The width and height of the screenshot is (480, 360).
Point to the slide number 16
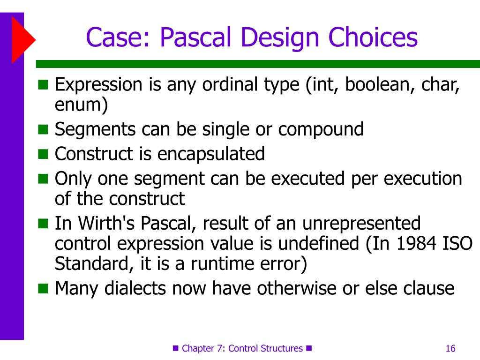450,348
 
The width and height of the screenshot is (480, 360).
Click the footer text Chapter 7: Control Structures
242,348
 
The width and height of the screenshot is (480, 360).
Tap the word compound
321,129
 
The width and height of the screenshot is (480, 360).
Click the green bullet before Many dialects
43,288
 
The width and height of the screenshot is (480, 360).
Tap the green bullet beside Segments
43,129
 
